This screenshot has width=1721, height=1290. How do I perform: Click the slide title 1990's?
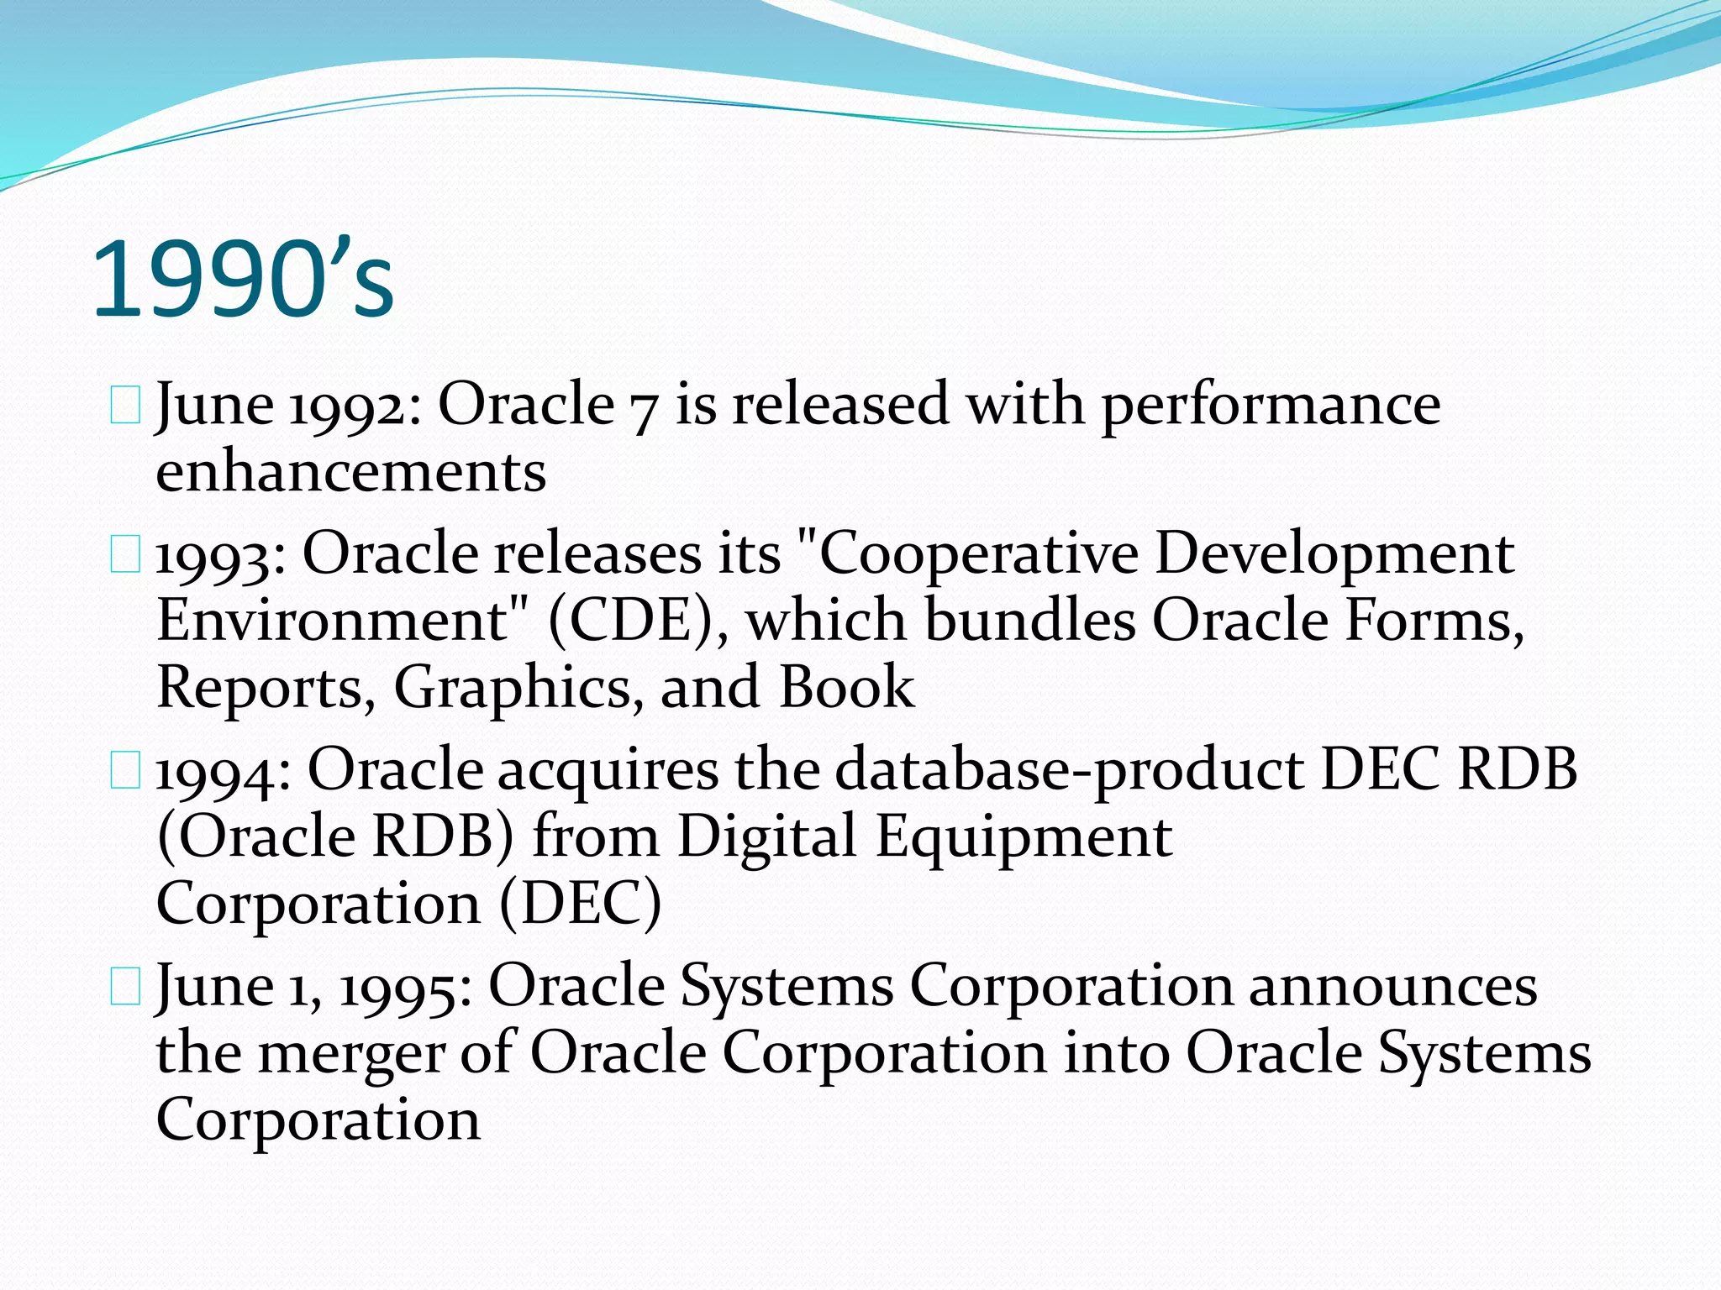[x=242, y=279]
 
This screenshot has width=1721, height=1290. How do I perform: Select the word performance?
[x=1271, y=406]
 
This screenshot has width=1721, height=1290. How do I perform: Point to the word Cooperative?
[x=978, y=556]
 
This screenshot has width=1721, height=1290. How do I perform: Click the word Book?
[x=846, y=687]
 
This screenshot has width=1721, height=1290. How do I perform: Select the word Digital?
[x=766, y=837]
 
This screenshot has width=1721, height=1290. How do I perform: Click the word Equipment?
[x=1024, y=837]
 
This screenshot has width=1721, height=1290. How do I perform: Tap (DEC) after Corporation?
[x=580, y=904]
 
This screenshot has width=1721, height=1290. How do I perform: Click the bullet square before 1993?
[x=125, y=556]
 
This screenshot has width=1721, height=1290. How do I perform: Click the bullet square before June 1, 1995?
[x=125, y=987]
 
